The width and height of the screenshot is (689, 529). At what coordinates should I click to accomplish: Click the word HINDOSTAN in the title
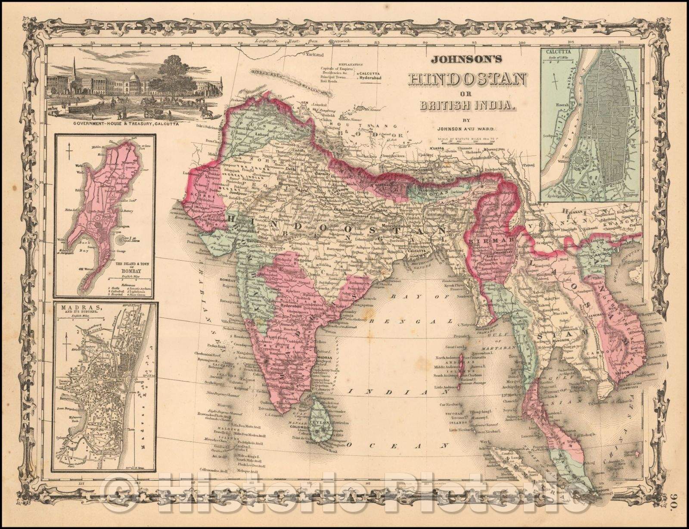pos(467,80)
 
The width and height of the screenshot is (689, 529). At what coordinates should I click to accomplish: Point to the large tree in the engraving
pos(177,73)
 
